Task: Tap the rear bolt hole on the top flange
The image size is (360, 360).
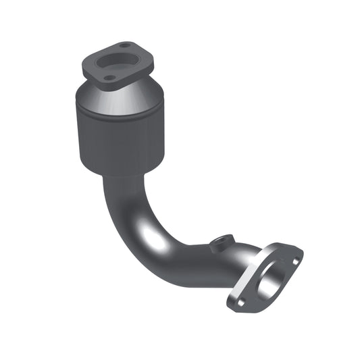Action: [124, 46]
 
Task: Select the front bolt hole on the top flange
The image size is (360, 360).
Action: [107, 78]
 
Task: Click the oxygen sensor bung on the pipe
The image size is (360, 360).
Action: [222, 242]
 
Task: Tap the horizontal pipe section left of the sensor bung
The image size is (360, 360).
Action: [192, 260]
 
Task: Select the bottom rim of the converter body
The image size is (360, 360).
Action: [122, 172]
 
